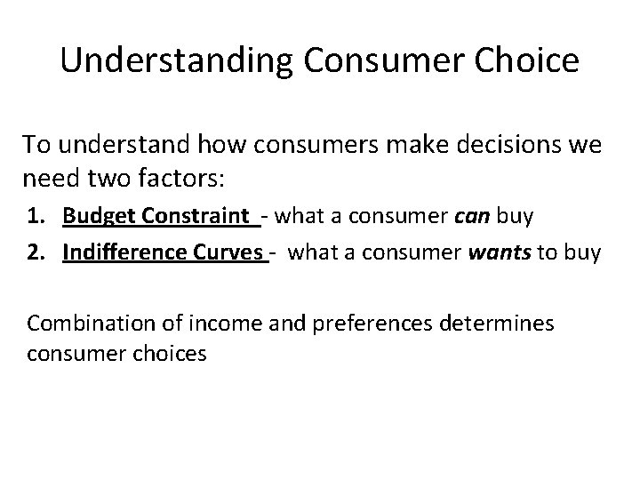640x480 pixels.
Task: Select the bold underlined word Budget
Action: pos(98,216)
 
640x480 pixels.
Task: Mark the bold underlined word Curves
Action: pos(232,253)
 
